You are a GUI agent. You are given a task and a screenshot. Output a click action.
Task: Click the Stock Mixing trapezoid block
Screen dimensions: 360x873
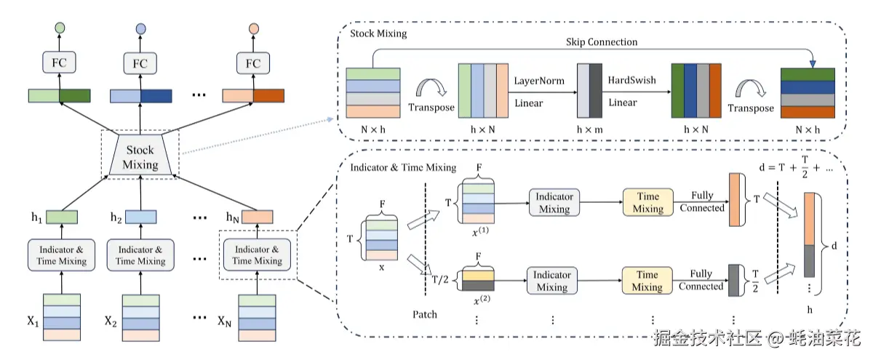tap(140, 157)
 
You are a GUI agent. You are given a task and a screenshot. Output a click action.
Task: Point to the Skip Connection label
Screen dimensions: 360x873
tap(602, 42)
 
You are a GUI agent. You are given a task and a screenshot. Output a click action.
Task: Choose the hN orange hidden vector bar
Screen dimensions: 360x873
tap(257, 216)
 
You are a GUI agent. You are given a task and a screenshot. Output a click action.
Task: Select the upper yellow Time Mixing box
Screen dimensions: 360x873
tap(647, 202)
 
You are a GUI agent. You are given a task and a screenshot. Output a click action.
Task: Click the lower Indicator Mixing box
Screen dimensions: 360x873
tap(551, 281)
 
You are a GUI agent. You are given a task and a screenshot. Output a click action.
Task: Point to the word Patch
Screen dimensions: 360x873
tap(425, 315)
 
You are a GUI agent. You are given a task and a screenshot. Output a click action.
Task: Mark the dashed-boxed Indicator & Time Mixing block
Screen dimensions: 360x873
tap(258, 255)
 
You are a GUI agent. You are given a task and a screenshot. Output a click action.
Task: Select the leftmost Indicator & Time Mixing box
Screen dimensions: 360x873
tap(60, 255)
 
